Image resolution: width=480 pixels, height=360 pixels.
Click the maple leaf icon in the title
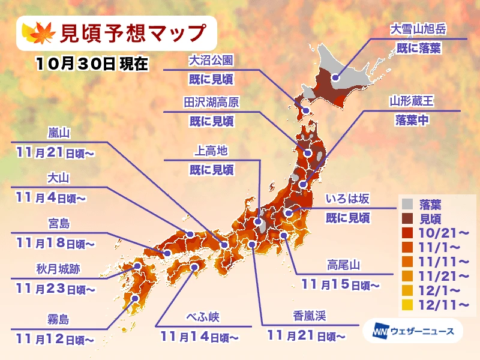click(37, 34)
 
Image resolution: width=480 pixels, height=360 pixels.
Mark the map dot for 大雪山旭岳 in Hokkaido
click(335, 77)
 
